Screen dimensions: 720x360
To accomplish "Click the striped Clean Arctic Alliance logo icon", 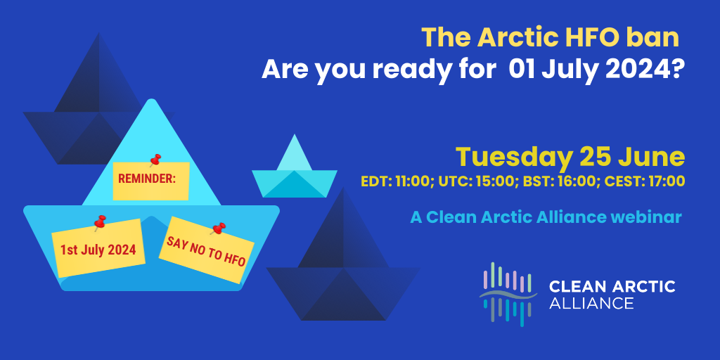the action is point(508,295).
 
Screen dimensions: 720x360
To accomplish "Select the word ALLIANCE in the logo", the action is point(591,303).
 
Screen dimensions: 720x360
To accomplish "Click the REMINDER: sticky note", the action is point(151,181).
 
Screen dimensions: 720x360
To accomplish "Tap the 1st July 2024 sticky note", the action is point(98,248).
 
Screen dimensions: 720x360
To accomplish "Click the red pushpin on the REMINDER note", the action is point(155,160).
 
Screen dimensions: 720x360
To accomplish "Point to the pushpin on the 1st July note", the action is point(100,223).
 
